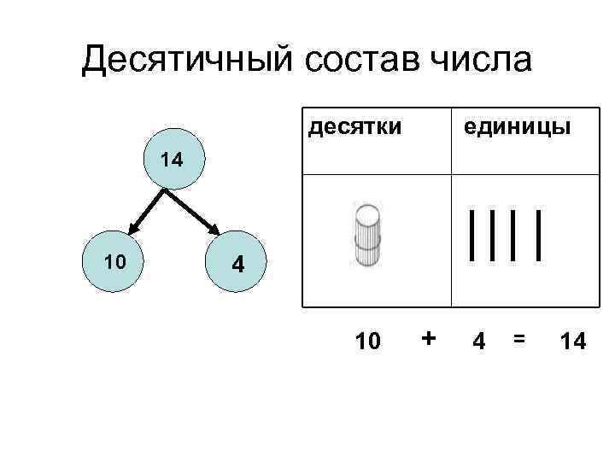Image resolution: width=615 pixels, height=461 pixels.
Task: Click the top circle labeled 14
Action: pos(175,160)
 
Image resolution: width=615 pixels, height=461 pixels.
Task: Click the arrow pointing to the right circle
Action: pos(197,211)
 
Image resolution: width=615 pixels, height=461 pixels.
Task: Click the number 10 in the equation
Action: pos(368,341)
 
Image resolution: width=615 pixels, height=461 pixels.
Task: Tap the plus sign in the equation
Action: pos(429,339)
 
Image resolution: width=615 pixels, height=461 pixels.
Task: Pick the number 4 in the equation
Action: pos(480,341)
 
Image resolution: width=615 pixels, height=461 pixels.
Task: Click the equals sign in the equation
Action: pos(518,339)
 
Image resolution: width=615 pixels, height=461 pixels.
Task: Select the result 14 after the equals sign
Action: pos(572,341)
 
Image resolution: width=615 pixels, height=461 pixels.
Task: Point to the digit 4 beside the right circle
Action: pos(239,266)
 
